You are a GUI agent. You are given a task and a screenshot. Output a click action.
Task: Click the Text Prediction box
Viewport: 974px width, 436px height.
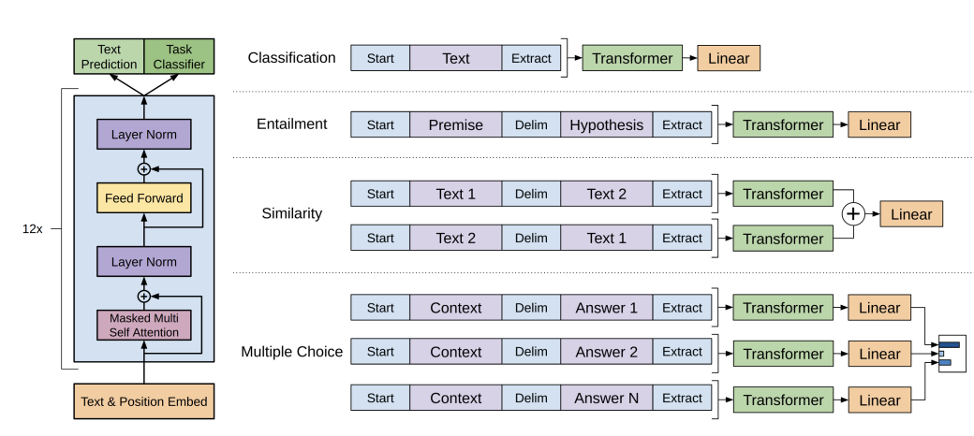(x=109, y=56)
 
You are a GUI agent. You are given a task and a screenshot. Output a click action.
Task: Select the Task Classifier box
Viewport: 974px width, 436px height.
(x=179, y=56)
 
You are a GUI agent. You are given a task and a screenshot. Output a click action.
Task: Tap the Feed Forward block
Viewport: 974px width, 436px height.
(x=144, y=198)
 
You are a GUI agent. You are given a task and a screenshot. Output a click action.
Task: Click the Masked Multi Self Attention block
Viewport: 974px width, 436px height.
(x=144, y=325)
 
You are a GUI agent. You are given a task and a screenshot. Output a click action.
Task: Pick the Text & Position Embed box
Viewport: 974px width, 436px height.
(x=144, y=401)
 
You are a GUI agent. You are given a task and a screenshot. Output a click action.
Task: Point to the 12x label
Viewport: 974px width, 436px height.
(x=32, y=229)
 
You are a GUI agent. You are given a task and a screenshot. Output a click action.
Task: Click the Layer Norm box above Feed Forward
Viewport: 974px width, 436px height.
(x=144, y=135)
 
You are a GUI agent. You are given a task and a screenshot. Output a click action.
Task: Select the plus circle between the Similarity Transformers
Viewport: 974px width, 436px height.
(x=853, y=214)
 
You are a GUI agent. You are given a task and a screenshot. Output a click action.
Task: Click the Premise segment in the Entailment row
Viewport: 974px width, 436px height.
(x=455, y=124)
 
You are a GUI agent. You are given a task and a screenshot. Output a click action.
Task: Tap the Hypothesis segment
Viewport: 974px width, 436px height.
(x=606, y=124)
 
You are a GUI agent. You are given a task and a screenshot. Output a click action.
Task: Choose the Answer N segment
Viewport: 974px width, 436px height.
(x=606, y=399)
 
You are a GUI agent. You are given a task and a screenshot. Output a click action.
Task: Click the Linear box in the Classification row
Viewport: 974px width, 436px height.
(x=729, y=58)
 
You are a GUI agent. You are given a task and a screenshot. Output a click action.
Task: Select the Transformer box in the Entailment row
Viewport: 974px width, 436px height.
(x=783, y=124)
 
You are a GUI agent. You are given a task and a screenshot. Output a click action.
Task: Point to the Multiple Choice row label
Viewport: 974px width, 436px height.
(x=292, y=352)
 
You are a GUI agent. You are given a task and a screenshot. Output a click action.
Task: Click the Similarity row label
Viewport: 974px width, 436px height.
(x=292, y=213)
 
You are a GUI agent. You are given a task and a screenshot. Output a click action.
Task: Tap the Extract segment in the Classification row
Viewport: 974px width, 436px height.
(x=531, y=58)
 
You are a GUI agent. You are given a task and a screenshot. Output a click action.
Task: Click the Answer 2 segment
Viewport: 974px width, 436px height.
(x=606, y=352)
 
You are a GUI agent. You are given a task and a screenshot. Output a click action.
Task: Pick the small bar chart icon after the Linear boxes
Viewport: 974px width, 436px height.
(x=952, y=353)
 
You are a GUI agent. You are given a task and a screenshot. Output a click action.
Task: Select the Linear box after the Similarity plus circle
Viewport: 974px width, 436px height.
(x=911, y=214)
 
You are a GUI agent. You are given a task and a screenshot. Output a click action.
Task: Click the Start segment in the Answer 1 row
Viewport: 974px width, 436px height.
(x=380, y=308)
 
